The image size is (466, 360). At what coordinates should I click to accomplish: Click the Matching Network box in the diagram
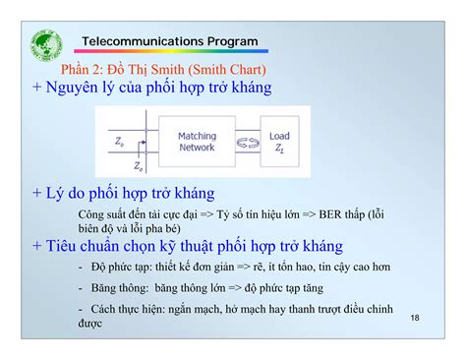coord(197,142)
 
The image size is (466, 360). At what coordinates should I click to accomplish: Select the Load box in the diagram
coord(278,142)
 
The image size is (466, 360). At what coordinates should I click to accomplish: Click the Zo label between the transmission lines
coord(120,142)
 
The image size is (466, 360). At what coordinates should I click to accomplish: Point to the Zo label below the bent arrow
coord(139,166)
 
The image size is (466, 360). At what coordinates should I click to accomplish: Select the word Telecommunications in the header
coord(142,42)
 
